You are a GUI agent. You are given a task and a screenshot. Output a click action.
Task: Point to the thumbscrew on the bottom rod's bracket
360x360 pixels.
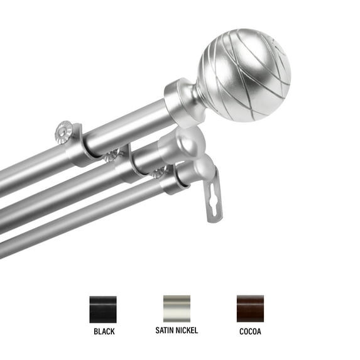click(160, 172)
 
